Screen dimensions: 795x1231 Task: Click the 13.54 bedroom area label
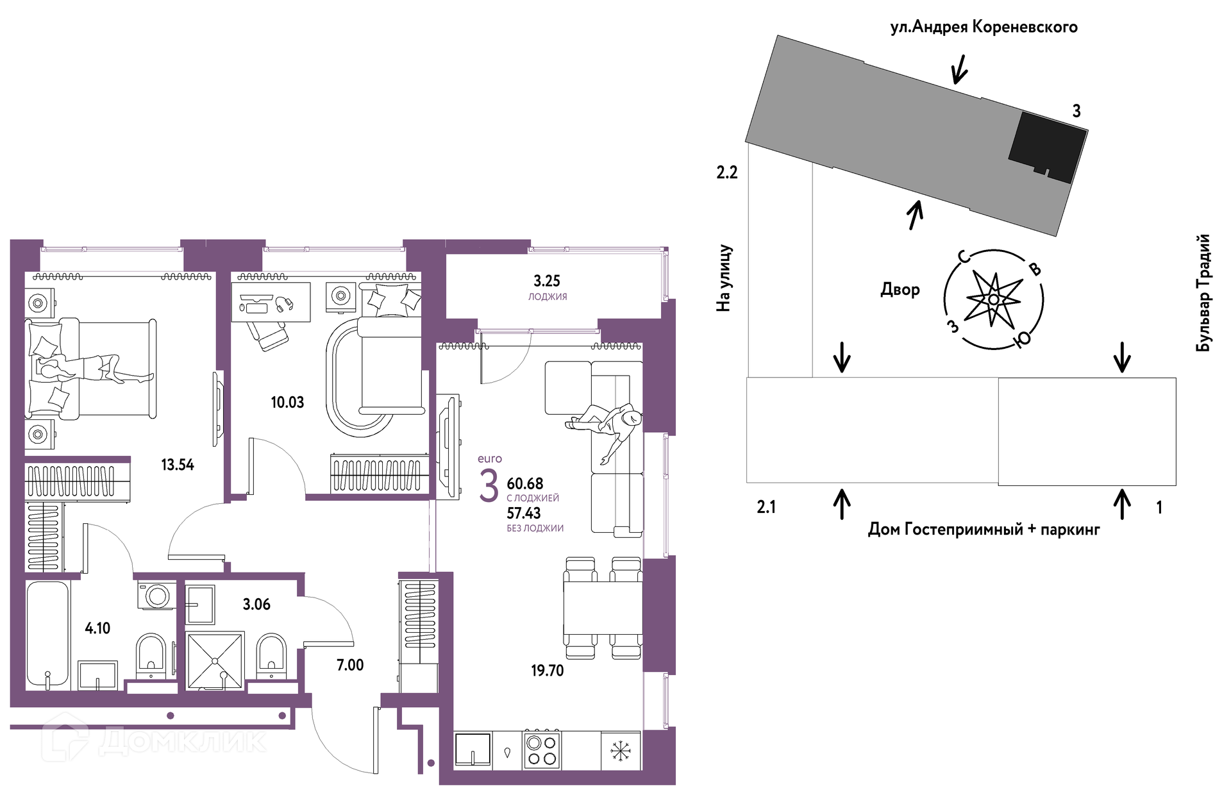coord(178,465)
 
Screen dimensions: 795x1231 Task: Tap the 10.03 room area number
coord(287,403)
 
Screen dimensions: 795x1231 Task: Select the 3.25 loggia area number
coord(547,281)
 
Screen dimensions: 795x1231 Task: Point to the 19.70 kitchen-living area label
coord(547,671)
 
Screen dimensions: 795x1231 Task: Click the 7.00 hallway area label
coord(350,665)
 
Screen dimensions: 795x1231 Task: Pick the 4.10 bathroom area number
coord(97,628)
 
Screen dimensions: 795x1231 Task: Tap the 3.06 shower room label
coord(256,605)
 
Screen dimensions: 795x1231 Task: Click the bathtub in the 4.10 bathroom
coord(48,635)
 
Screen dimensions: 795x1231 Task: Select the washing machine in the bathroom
coord(156,596)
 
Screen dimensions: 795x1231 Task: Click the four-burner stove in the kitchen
coord(542,750)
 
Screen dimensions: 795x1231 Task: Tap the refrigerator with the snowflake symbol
coord(621,750)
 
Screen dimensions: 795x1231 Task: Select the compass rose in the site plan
coord(993,299)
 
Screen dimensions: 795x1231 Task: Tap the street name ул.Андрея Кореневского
coord(984,27)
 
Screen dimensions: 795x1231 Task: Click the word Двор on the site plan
coord(900,290)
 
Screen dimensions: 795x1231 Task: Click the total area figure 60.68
coord(525,483)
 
